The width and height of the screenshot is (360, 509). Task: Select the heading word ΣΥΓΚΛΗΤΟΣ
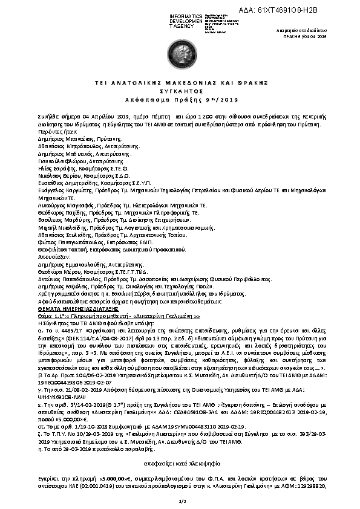(x=180, y=88)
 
